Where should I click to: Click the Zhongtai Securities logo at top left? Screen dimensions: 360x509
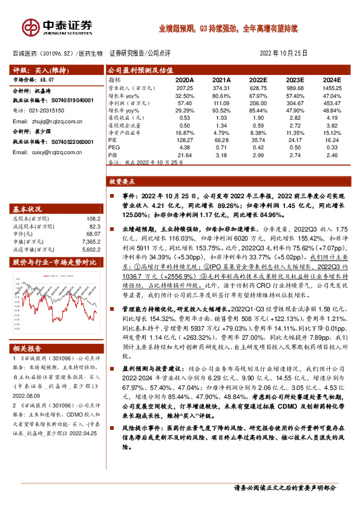tap(57, 27)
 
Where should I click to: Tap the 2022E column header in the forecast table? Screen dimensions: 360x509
tap(258, 80)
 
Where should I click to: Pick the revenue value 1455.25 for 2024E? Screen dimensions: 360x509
tap(332, 88)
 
